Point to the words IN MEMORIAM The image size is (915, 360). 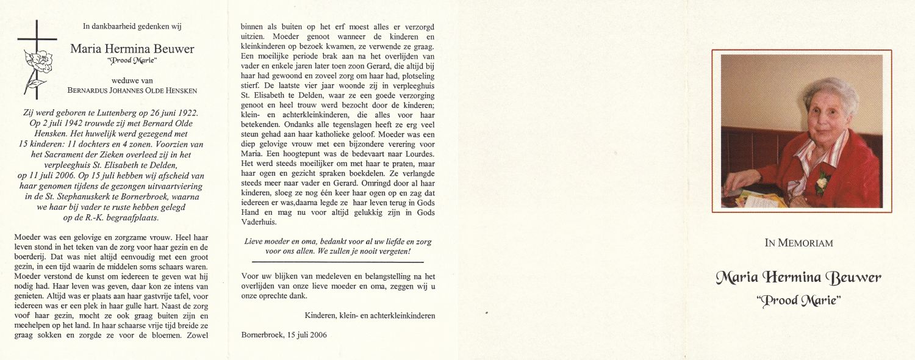[x=798, y=243]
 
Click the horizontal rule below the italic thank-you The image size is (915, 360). [x=338, y=262]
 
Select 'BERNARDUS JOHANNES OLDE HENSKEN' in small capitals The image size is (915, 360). [x=132, y=91]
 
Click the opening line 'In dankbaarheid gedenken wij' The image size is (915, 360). [x=132, y=26]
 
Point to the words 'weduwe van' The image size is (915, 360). [x=132, y=80]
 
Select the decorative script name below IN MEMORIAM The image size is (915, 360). [x=798, y=278]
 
